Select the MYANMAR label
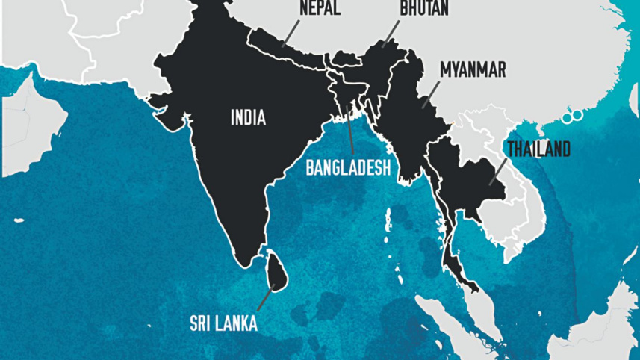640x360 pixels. (473, 70)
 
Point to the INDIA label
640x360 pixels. (248, 117)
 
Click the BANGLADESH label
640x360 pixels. (348, 168)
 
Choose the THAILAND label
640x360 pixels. (538, 149)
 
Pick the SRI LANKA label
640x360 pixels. (223, 323)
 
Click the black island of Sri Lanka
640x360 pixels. (276, 270)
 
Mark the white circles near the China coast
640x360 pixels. (574, 116)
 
